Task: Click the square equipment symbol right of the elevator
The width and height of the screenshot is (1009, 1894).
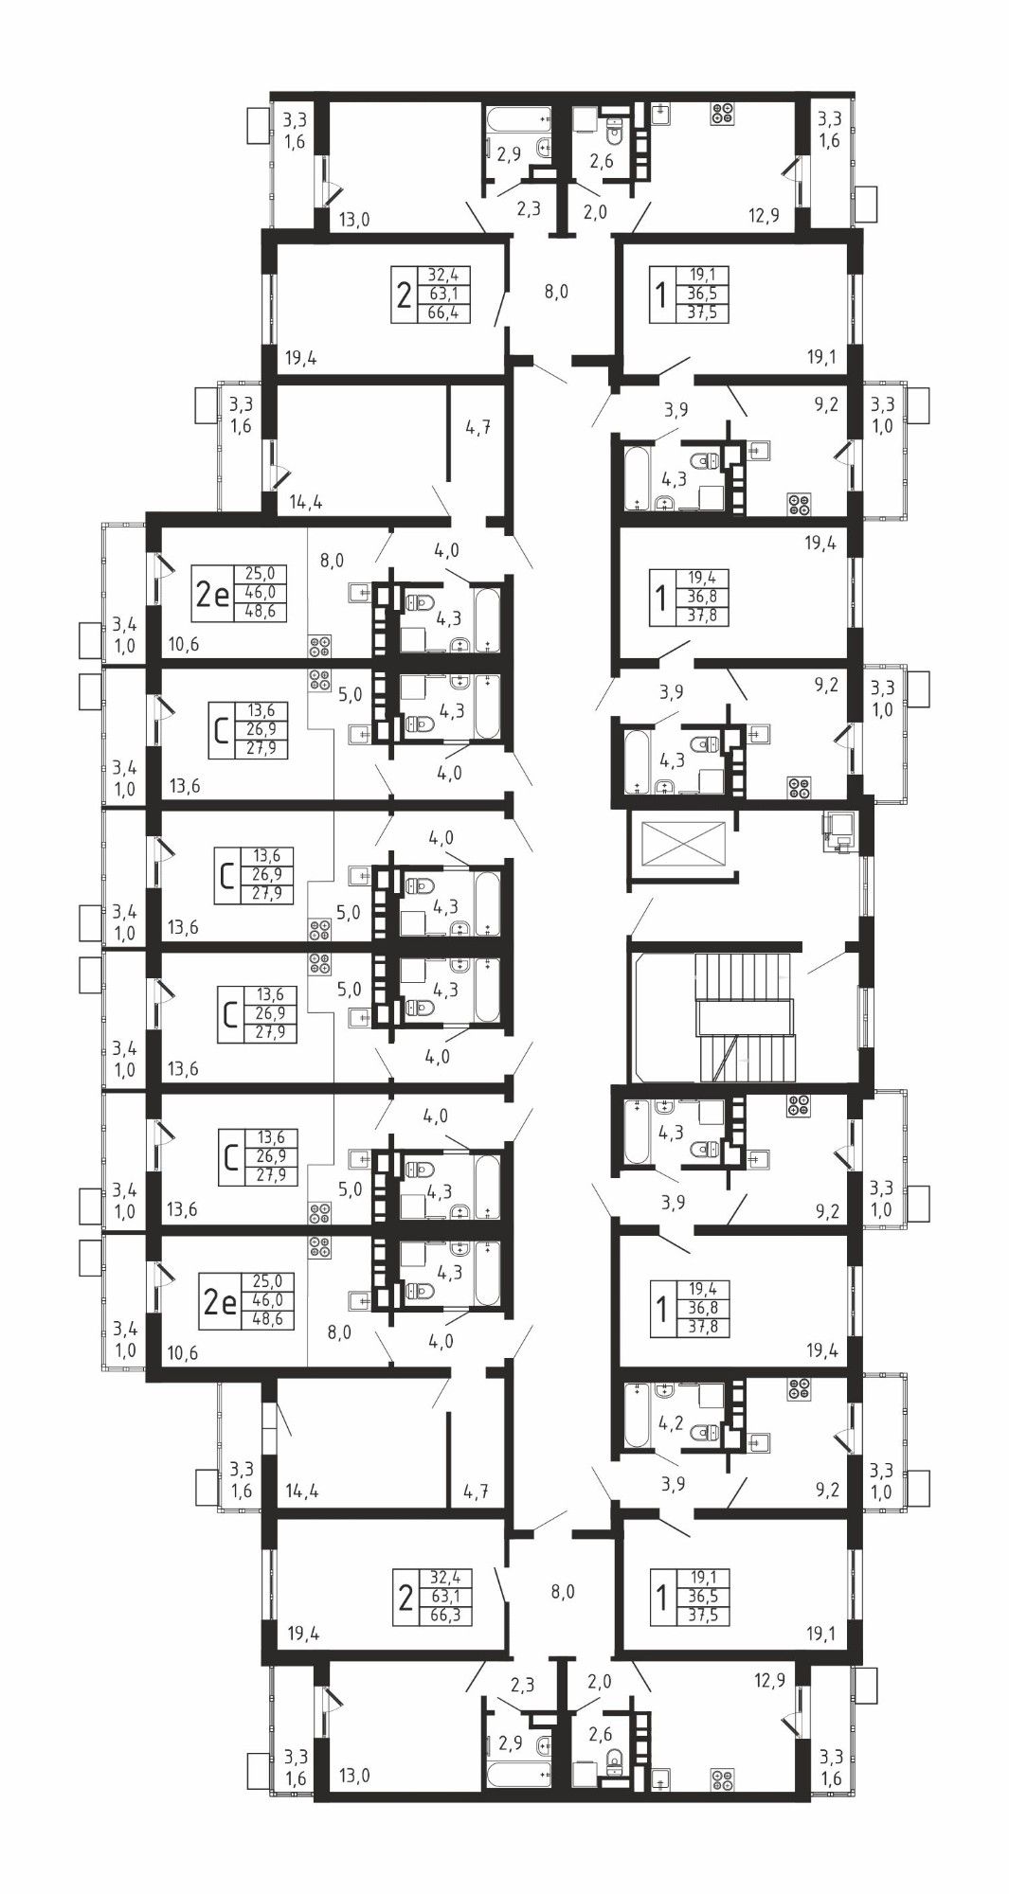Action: click(x=840, y=831)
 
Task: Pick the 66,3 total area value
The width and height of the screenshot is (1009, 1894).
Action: click(x=442, y=1615)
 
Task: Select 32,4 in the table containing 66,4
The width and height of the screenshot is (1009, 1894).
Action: click(x=442, y=277)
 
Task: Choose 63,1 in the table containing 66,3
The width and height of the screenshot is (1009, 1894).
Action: click(x=442, y=1597)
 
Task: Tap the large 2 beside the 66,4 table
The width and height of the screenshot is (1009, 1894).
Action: click(x=404, y=295)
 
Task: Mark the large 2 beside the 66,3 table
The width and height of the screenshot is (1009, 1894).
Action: click(x=405, y=1598)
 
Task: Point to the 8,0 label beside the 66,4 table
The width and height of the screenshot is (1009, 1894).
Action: click(x=555, y=292)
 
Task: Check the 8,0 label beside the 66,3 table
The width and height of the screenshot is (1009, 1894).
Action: click(x=563, y=1592)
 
